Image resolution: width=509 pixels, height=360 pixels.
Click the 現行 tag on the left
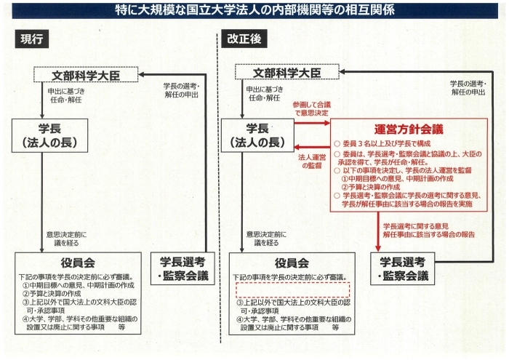pyautogui.click(x=32, y=39)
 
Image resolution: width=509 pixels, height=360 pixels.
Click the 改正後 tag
pyautogui.click(x=244, y=39)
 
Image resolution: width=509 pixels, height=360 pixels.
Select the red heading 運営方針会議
pyautogui.click(x=409, y=129)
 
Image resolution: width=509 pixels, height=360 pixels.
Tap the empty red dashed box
pyautogui.click(x=293, y=290)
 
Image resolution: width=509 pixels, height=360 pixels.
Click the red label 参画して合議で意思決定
pyautogui.click(x=312, y=109)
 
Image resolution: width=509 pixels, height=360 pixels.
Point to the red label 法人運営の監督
pyautogui.click(x=312, y=161)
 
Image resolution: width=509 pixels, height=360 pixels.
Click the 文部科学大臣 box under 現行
pyautogui.click(x=86, y=75)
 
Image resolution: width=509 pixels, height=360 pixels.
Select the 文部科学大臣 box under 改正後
pyautogui.click(x=287, y=72)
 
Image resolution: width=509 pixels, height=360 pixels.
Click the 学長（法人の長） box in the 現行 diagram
pyautogui.click(x=49, y=135)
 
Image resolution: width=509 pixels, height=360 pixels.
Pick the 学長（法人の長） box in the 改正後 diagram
pyautogui.click(x=257, y=135)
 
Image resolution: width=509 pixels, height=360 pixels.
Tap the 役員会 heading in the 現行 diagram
pyautogui.click(x=78, y=263)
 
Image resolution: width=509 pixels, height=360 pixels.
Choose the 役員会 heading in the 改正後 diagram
pyautogui.click(x=292, y=263)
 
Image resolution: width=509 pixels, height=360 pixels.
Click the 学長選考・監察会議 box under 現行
pyautogui.click(x=183, y=269)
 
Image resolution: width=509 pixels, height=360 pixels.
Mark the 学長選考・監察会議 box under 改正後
pyautogui.click(x=403, y=269)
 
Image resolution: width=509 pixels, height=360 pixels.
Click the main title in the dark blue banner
pyautogui.click(x=254, y=10)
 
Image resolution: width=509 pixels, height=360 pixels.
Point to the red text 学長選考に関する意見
pyautogui.click(x=416, y=226)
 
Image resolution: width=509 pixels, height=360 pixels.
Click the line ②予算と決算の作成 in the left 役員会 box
pyautogui.click(x=52, y=293)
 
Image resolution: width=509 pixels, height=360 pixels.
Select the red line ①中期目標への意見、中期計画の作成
pyautogui.click(x=397, y=178)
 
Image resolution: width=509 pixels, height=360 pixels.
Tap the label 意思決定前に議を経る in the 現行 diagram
pyautogui.click(x=66, y=239)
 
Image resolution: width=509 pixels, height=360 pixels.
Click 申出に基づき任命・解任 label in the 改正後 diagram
pyautogui.click(x=265, y=94)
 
